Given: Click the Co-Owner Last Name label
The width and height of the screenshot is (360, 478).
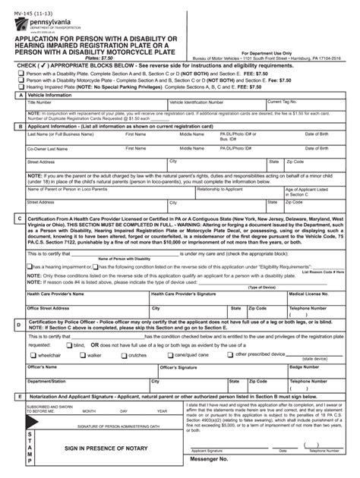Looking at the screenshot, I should tap(47, 149).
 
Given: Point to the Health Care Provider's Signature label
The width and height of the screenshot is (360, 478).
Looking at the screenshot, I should tap(185, 293).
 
